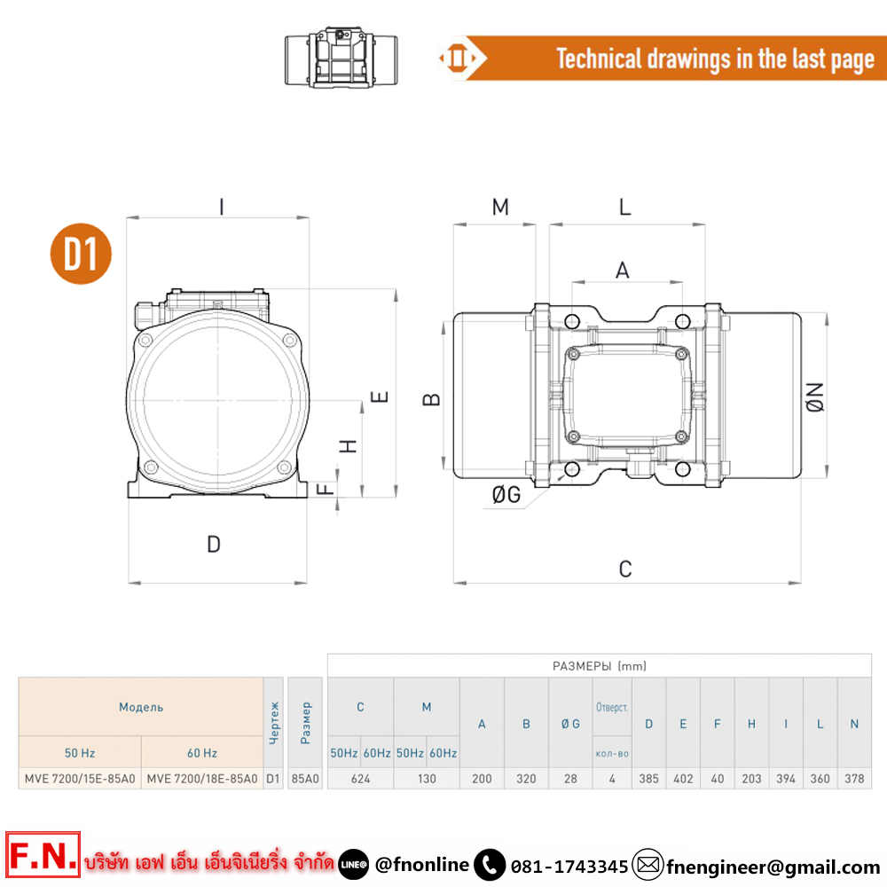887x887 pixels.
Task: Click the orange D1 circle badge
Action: pyautogui.click(x=81, y=254)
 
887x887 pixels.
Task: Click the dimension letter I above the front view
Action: pyautogui.click(x=221, y=207)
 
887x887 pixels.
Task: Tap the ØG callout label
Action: pyautogui.click(x=506, y=494)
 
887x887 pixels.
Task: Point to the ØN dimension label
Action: pyautogui.click(x=815, y=397)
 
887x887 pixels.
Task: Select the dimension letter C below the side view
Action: pyautogui.click(x=625, y=569)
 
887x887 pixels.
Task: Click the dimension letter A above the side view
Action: pyautogui.click(x=623, y=271)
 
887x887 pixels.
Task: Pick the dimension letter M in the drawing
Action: pyautogui.click(x=500, y=207)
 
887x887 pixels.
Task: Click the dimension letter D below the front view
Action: pyautogui.click(x=213, y=545)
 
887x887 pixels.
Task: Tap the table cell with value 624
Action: pyautogui.click(x=360, y=779)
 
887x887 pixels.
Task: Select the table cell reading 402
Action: pyautogui.click(x=683, y=779)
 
